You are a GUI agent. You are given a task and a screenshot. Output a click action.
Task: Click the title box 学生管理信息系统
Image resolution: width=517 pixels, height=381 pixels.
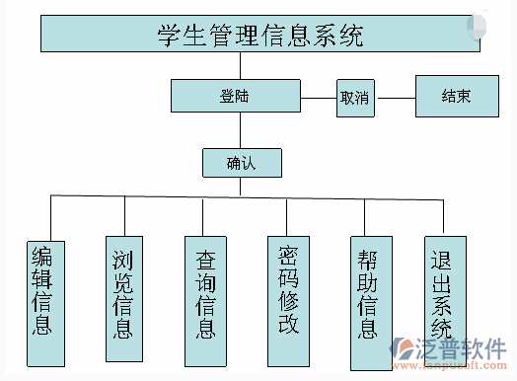(x=259, y=35)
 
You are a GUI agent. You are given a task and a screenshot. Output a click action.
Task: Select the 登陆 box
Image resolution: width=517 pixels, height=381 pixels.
(x=235, y=96)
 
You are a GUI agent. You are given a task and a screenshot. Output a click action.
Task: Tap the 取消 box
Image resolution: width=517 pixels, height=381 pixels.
(x=354, y=98)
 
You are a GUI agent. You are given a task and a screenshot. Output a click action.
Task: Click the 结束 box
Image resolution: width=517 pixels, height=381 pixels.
(x=455, y=96)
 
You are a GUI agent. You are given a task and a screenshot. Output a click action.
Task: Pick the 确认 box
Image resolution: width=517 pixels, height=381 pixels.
(x=241, y=163)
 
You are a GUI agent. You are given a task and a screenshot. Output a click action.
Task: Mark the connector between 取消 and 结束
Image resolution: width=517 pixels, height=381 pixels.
(x=395, y=98)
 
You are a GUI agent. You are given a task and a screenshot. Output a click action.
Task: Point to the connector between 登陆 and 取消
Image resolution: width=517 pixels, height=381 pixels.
(x=318, y=98)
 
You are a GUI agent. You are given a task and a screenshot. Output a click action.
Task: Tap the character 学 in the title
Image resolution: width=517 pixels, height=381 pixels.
(x=169, y=36)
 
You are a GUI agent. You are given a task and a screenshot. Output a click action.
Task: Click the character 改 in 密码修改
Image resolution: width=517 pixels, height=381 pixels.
(x=288, y=324)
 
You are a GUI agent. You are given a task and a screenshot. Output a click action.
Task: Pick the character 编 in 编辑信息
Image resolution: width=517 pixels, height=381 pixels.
(x=43, y=256)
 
